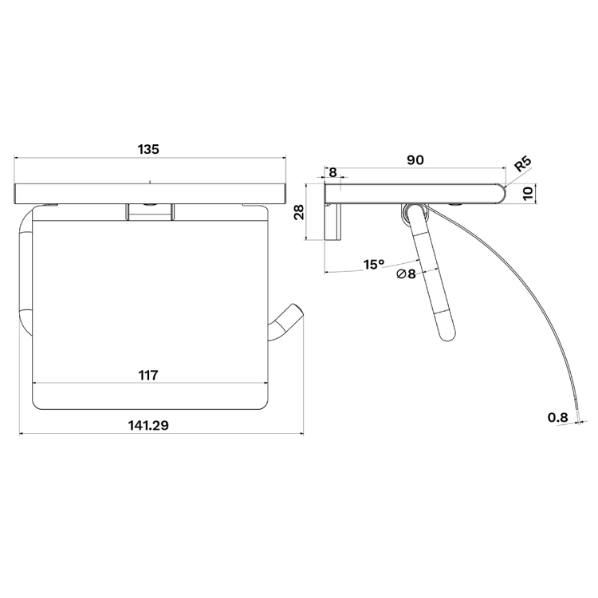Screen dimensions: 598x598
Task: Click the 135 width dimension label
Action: click(x=148, y=149)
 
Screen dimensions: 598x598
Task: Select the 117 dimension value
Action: click(x=148, y=376)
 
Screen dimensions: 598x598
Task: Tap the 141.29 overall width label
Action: click(x=148, y=425)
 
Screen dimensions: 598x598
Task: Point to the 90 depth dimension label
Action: click(x=415, y=160)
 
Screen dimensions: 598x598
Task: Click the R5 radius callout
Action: click(x=523, y=163)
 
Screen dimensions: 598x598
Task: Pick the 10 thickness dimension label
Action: click(x=528, y=194)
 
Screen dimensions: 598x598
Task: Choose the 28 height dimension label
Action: click(x=299, y=212)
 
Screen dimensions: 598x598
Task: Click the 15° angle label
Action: click(x=374, y=264)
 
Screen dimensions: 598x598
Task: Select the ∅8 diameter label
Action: click(x=406, y=273)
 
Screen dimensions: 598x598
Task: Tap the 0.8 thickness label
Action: click(x=558, y=418)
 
